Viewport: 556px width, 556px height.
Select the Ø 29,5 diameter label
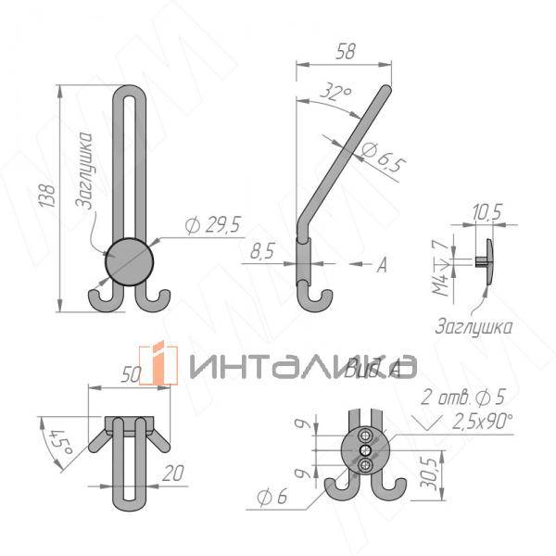tap(212, 224)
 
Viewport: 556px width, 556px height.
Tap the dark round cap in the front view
tap(129, 259)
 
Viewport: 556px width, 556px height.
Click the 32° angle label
tap(338, 93)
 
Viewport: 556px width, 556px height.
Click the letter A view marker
tap(381, 266)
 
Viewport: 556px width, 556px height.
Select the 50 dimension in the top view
tap(131, 374)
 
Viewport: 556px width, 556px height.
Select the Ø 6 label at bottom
tap(272, 499)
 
